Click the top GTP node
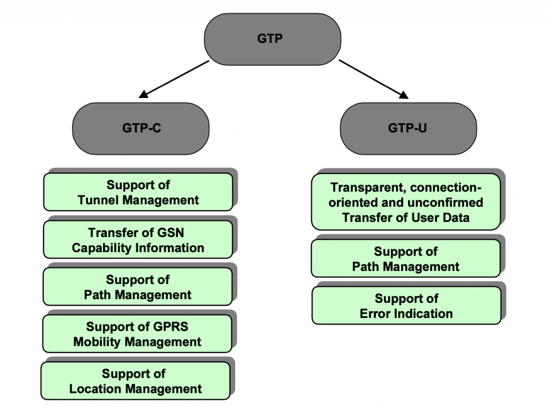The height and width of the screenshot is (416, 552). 272,39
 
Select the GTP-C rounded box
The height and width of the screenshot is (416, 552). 141,129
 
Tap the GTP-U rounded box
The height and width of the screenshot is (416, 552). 408,129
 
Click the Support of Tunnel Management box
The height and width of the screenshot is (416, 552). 138,192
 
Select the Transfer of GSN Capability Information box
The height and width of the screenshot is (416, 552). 138,240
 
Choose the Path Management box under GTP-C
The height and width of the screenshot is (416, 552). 138,287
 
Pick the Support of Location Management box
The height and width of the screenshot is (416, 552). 135,381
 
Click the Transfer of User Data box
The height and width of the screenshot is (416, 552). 406,203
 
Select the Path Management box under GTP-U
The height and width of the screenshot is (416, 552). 406,259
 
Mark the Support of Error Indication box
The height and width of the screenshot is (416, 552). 406,306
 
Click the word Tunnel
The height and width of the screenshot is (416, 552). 99,200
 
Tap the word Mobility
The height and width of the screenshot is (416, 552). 96,342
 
